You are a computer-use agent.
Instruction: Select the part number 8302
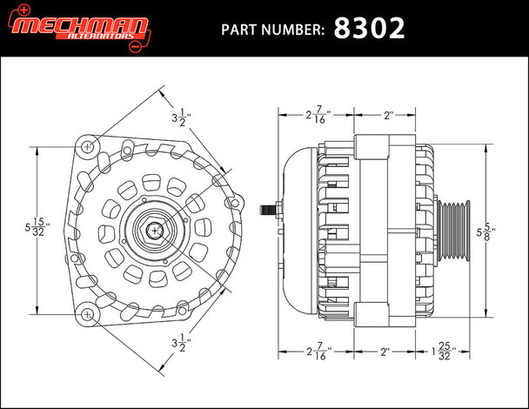pos(371,28)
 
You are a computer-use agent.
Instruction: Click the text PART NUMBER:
pos(274,30)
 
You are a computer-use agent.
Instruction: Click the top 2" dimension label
pos(389,114)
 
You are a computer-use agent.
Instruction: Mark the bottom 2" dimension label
pos(389,353)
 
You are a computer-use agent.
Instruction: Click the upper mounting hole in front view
pos(89,148)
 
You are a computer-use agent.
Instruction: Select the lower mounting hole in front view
pos(89,313)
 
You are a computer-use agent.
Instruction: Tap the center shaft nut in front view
pos(153,230)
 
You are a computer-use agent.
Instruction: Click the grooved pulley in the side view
pos(452,231)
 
